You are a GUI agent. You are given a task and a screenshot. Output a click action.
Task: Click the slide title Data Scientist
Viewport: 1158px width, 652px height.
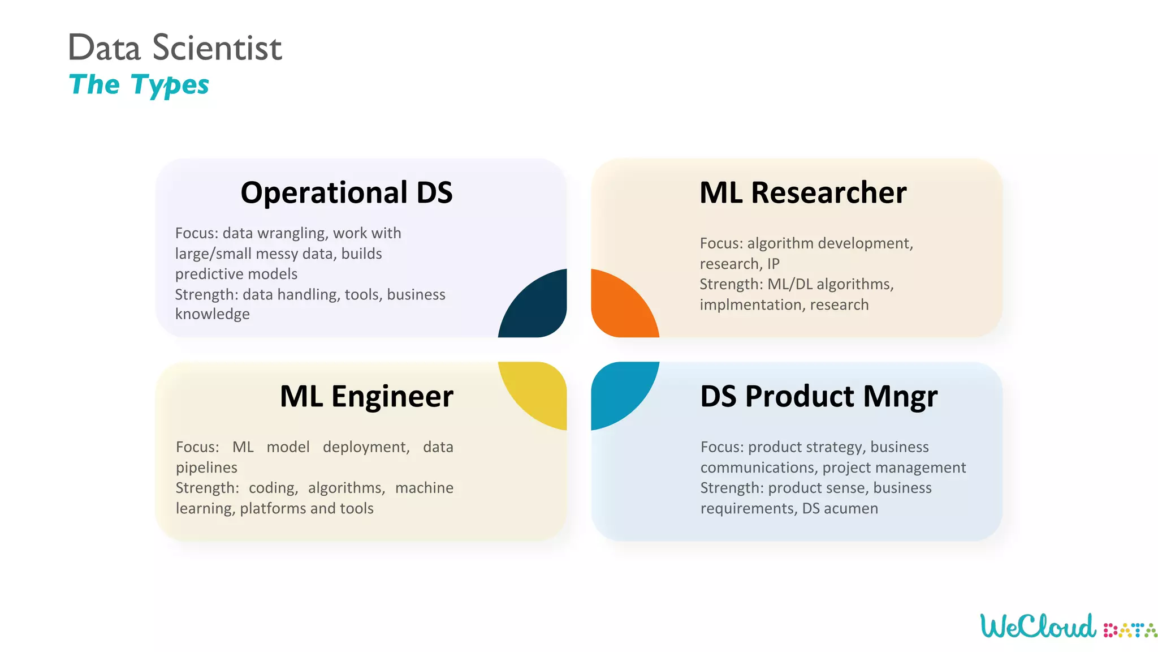click(174, 48)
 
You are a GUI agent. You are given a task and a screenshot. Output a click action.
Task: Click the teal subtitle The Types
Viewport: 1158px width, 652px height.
click(139, 85)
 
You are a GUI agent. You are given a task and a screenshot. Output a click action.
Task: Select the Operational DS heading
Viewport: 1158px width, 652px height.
click(346, 192)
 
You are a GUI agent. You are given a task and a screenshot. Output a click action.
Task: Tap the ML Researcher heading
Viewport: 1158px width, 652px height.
click(802, 192)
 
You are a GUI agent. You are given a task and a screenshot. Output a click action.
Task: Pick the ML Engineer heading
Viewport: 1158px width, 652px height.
click(366, 396)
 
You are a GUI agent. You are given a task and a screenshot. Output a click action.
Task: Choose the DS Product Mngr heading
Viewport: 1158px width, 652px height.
click(818, 396)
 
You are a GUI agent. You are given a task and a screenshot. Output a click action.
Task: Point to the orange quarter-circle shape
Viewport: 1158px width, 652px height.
click(619, 309)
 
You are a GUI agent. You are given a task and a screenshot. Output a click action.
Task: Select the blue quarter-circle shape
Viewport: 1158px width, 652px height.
click(619, 390)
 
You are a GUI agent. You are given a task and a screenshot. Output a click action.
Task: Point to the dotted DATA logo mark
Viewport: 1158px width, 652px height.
click(1129, 630)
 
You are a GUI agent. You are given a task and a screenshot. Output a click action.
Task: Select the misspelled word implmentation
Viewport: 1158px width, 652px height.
click(751, 304)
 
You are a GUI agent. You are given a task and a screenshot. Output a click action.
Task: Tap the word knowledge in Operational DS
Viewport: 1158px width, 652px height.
click(212, 314)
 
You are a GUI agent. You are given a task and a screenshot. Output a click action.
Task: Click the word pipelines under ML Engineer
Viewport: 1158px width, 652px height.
click(206, 467)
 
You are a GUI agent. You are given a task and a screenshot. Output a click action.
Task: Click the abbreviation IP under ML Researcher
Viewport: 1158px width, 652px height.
click(773, 264)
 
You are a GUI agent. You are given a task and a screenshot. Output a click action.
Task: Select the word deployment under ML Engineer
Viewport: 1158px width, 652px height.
click(366, 447)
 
